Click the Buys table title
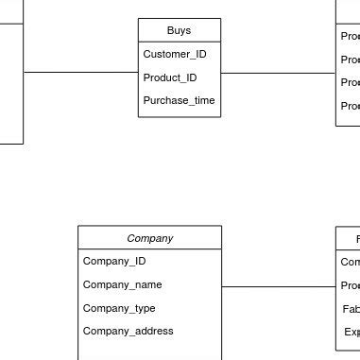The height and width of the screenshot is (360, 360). click(179, 30)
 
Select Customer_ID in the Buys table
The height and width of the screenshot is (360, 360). click(174, 54)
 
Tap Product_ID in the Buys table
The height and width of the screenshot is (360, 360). click(169, 77)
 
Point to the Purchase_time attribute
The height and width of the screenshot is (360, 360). click(179, 101)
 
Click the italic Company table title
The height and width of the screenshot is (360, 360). click(149, 238)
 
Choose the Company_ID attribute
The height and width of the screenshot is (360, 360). click(114, 261)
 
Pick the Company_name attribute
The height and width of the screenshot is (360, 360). click(122, 284)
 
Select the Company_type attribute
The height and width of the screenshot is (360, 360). click(119, 308)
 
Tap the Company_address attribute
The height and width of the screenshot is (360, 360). click(128, 331)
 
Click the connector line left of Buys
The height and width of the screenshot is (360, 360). click(80, 72)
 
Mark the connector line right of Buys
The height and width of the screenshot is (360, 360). click(278, 72)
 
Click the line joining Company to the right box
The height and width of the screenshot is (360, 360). click(279, 286)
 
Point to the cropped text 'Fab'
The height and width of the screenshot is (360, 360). click(351, 309)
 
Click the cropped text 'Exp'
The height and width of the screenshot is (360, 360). click(351, 332)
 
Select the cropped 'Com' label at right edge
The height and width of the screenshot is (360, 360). click(350, 262)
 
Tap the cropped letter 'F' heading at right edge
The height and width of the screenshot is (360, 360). click(357, 239)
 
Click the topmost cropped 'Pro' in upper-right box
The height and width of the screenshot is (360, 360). click(350, 37)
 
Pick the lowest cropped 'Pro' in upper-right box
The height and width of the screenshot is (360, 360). click(350, 106)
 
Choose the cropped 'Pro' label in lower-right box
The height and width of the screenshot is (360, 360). click(350, 285)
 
